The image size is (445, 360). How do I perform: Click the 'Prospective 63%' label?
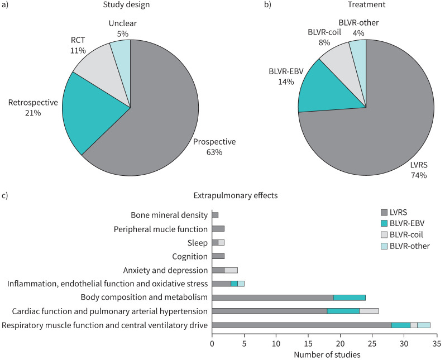coord(215,147)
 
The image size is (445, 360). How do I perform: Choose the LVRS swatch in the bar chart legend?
coord(383,212)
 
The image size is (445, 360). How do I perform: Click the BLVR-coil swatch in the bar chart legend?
coord(383,234)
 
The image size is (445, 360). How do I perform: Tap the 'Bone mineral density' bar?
coord(215,215)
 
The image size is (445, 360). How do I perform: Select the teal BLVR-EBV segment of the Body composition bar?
coord(349,297)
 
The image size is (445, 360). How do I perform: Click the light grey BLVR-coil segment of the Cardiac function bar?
coord(369,311)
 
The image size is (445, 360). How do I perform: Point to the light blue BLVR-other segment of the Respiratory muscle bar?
coord(424,325)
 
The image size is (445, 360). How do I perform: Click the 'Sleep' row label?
coord(199,242)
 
